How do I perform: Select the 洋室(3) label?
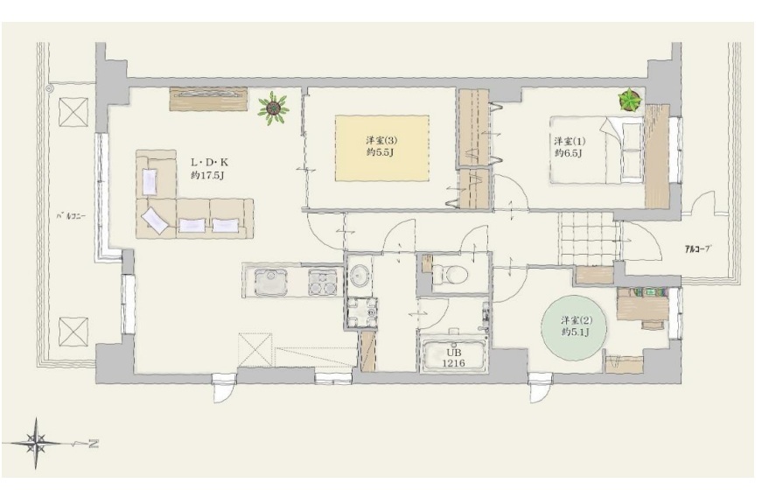click(381, 141)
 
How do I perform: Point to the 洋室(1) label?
click(570, 142)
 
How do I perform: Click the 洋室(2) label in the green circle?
click(577, 320)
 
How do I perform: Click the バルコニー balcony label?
click(71, 216)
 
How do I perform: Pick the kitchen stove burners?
click(322, 283)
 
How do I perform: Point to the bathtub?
click(453, 356)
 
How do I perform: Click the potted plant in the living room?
click(273, 108)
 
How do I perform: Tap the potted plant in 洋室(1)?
click(630, 101)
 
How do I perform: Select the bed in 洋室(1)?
click(598, 150)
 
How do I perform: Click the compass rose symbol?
click(37, 443)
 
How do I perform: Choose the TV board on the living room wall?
click(208, 99)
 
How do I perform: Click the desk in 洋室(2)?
click(642, 304)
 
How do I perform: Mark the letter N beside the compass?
click(94, 444)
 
